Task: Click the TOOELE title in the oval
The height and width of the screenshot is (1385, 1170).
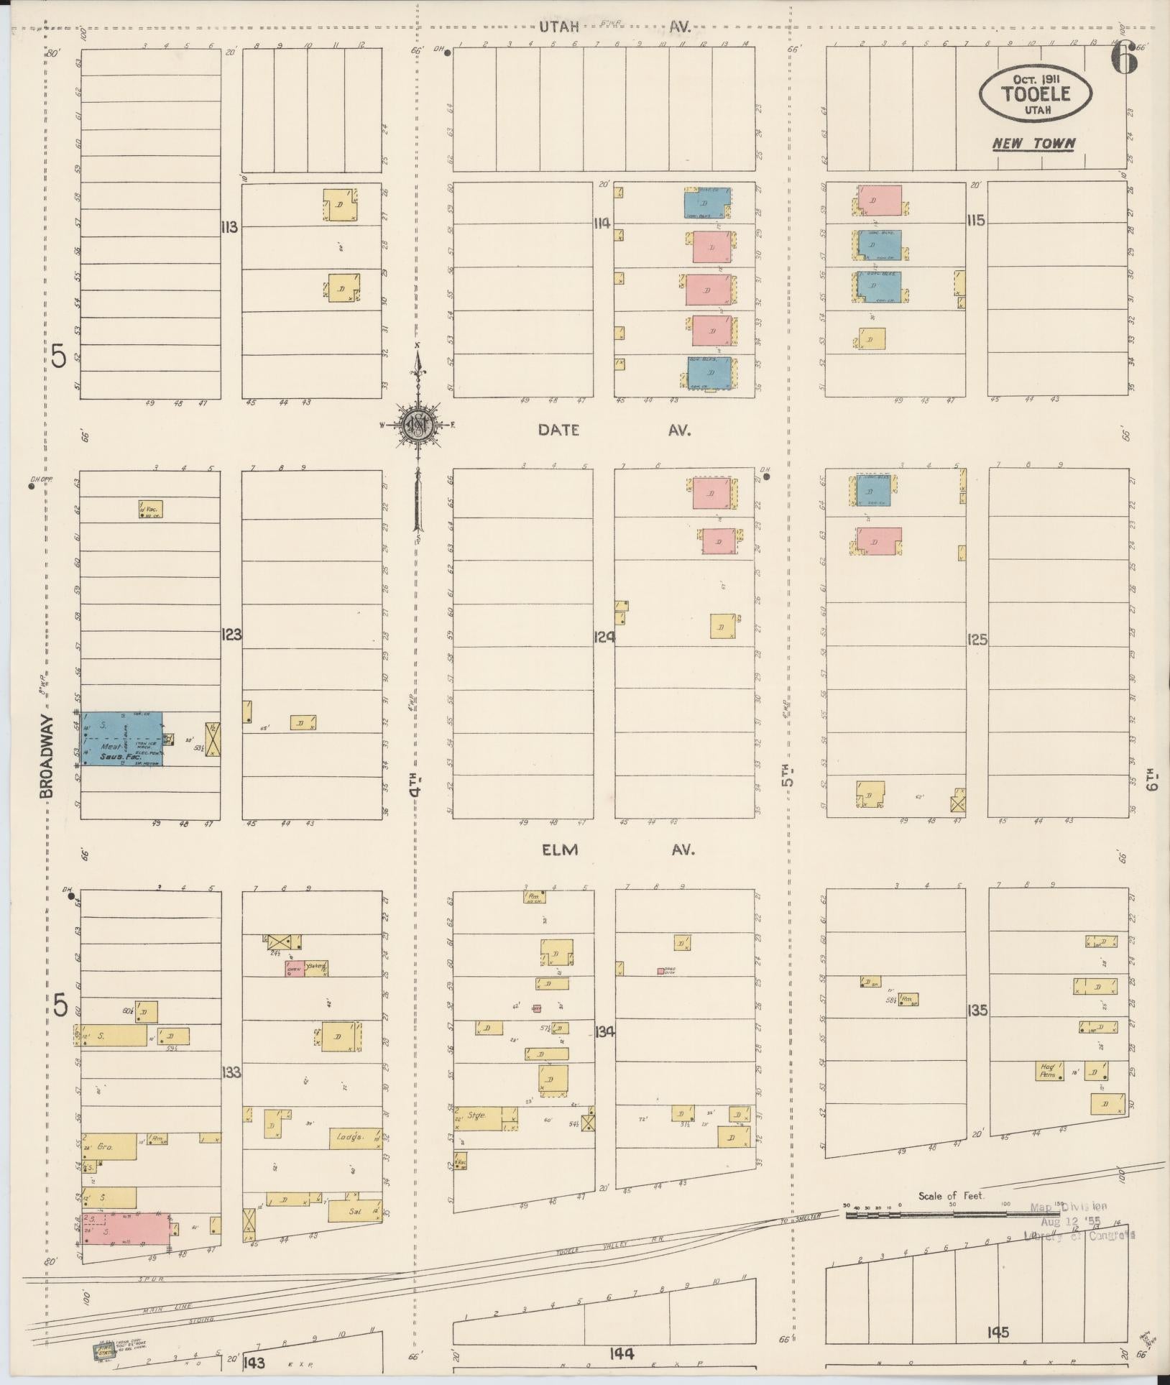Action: (1035, 93)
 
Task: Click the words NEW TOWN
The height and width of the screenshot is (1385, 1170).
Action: (1033, 144)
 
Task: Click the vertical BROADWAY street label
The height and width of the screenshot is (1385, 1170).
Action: (47, 755)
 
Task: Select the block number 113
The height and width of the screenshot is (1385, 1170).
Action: (230, 227)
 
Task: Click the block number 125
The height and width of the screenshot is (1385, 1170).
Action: (977, 640)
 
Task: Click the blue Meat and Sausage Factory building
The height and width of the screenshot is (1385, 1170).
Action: (121, 738)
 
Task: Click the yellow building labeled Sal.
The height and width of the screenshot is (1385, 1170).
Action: (355, 1210)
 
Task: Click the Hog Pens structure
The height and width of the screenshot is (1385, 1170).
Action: (1049, 1090)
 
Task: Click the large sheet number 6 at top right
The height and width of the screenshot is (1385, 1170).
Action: (1125, 57)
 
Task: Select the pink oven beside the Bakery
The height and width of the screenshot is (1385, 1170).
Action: (294, 969)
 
